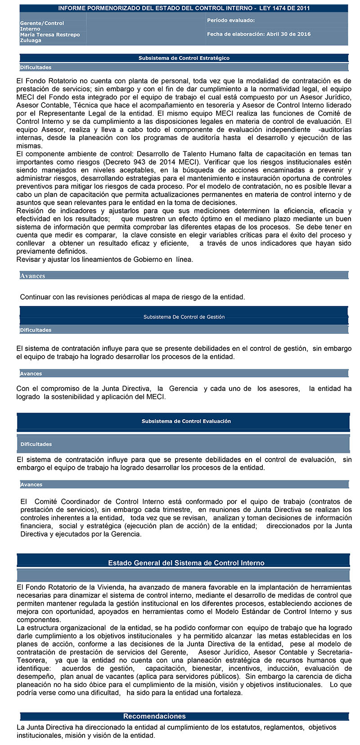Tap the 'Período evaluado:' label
[230, 20]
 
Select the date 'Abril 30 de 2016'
[288, 34]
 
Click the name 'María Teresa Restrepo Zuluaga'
[49, 37]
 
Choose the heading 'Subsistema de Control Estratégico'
[184, 58]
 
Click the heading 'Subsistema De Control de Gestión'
[184, 317]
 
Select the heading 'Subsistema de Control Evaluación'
[186, 421]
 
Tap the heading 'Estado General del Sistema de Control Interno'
[186, 563]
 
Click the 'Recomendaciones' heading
[154, 716]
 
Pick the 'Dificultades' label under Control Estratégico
[36, 67]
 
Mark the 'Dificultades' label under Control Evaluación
[36, 444]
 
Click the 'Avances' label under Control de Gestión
[31, 374]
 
